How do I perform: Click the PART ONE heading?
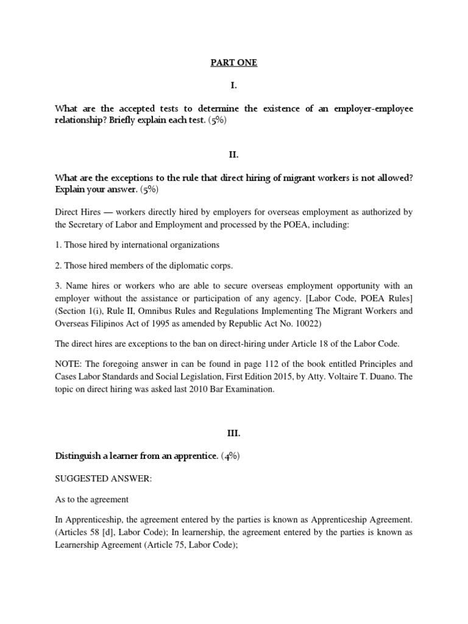[x=234, y=63]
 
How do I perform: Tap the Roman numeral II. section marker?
[x=234, y=155]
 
